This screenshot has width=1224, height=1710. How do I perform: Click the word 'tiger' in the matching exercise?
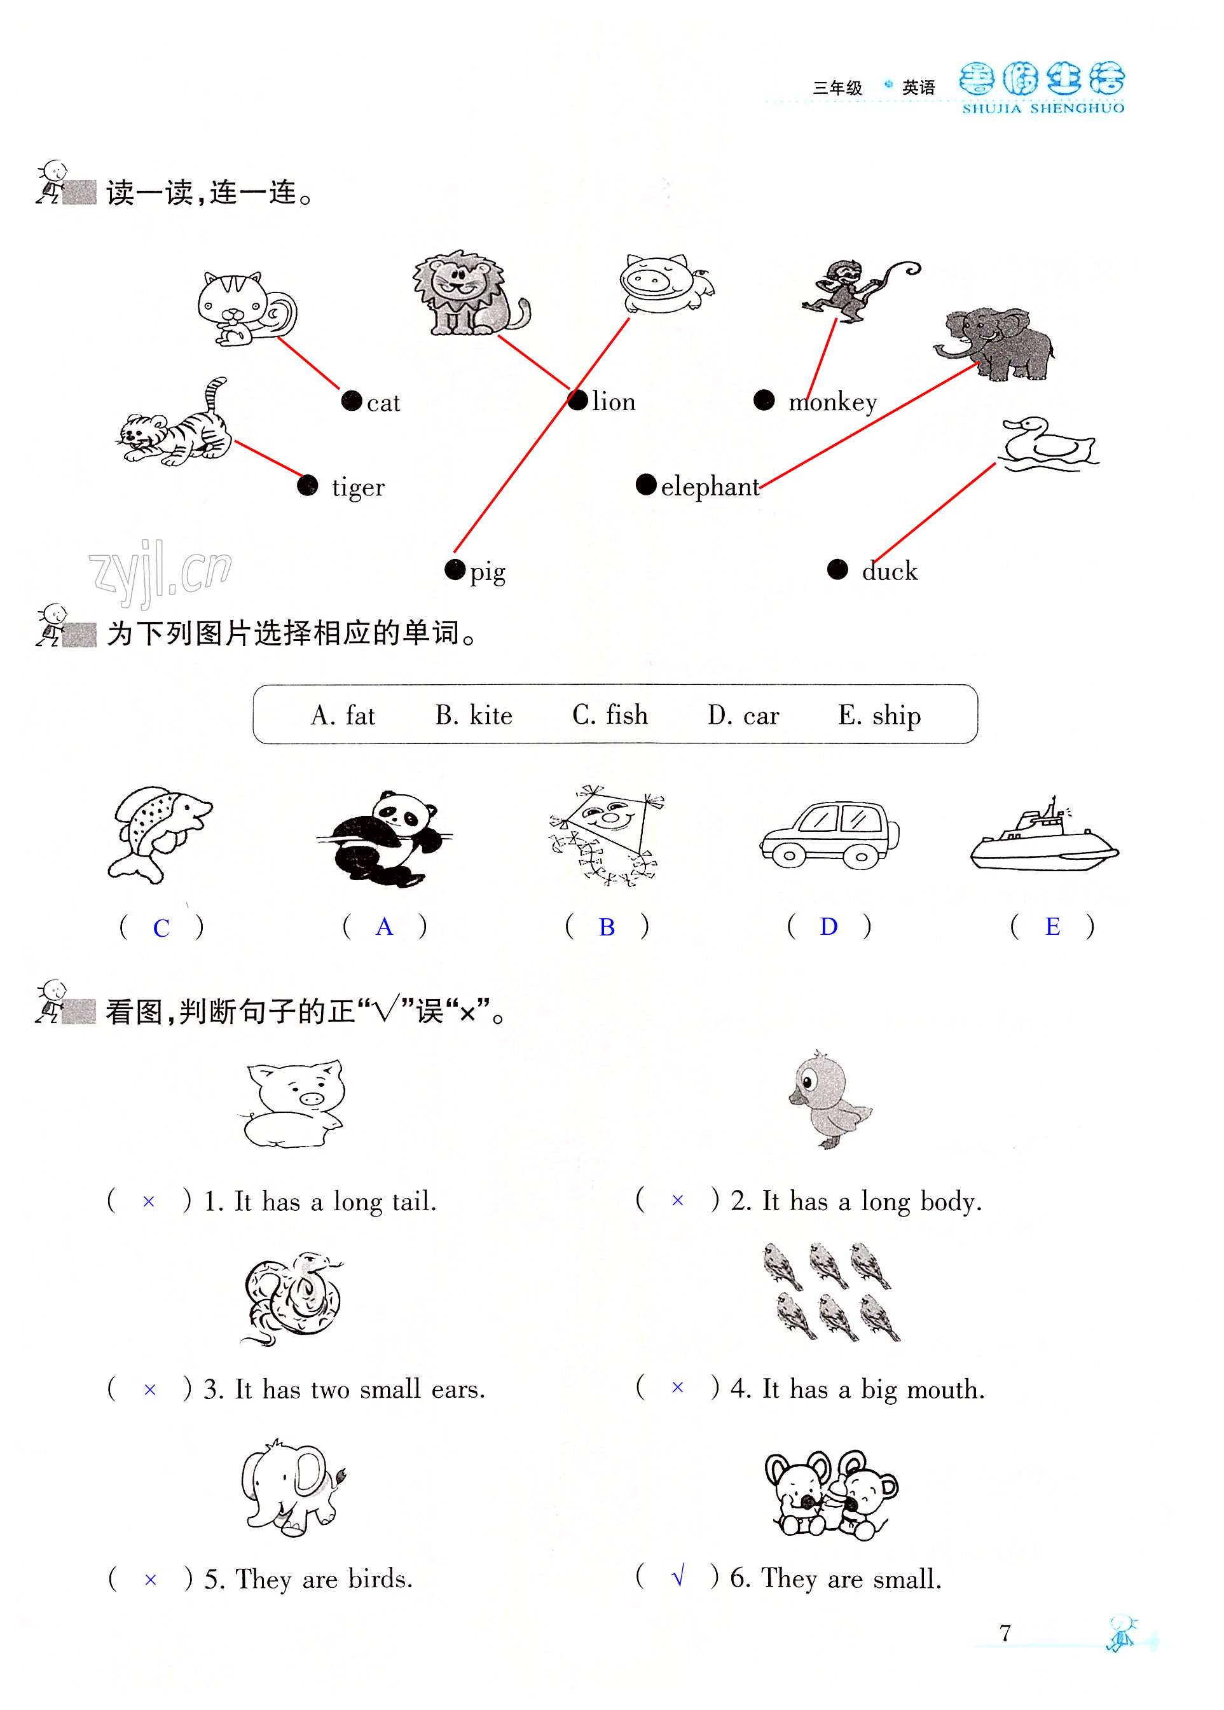coord(358,487)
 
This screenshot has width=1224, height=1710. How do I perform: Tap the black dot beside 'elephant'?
coord(646,484)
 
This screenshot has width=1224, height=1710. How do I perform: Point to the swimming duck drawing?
coord(1049,443)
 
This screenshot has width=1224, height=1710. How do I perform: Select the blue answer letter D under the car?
coord(829,926)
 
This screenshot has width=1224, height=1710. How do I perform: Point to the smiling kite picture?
coord(607,834)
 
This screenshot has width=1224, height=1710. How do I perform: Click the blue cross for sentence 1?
coord(149,1201)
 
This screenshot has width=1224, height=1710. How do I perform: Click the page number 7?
coord(1005,1632)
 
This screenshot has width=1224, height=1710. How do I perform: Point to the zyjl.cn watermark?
coord(160,570)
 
